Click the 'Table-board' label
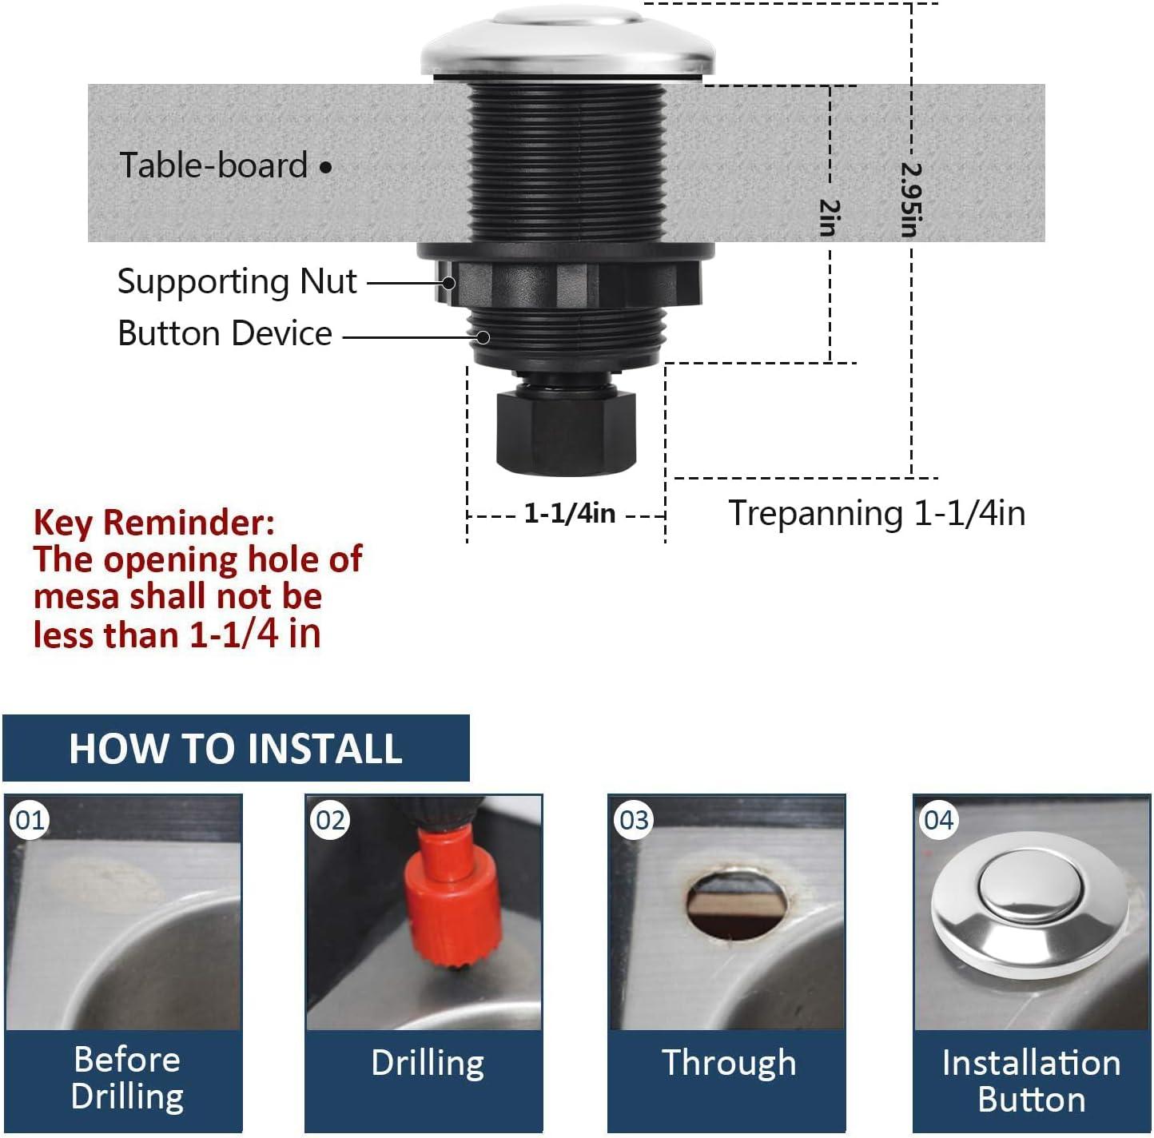click(213, 165)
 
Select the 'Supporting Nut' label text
click(237, 281)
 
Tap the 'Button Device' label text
click(225, 333)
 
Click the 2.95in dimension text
click(911, 200)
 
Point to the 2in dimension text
click(830, 217)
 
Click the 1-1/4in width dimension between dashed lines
click(569, 513)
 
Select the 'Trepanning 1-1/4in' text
click(876, 513)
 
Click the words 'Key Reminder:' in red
click(154, 523)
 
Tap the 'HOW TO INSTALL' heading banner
click(236, 749)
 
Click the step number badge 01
click(30, 820)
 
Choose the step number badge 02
click(331, 820)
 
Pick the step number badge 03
click(635, 820)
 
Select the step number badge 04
click(938, 820)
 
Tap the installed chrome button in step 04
click(1031, 911)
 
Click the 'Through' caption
click(729, 1063)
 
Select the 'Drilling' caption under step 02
click(428, 1063)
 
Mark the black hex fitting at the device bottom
click(566, 432)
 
